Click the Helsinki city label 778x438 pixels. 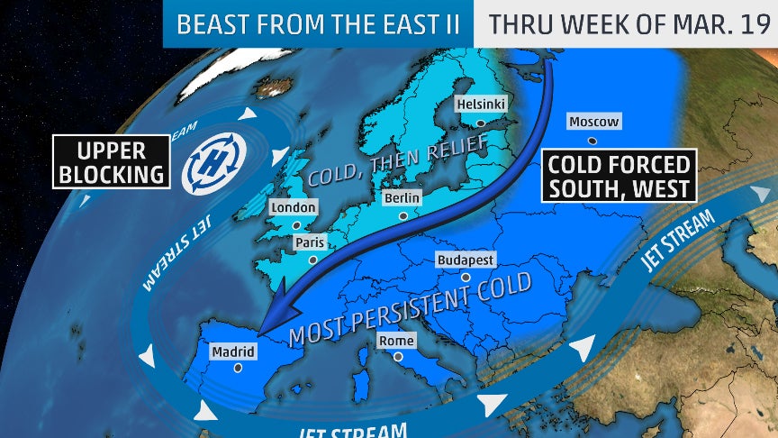click(x=482, y=104)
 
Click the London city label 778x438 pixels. click(x=294, y=208)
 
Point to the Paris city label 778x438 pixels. click(x=309, y=242)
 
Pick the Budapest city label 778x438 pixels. click(x=466, y=260)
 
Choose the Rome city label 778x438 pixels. click(x=397, y=340)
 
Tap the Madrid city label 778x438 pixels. click(x=233, y=351)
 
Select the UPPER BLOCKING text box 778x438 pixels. click(x=112, y=161)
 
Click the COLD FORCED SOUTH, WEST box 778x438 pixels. click(x=620, y=176)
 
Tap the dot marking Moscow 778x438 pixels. click(x=592, y=141)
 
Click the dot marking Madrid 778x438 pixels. click(x=238, y=368)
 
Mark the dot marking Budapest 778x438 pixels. click(x=465, y=277)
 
